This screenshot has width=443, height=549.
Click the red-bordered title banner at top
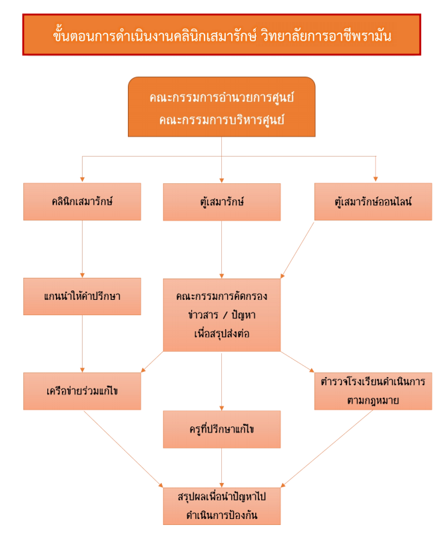[x=221, y=35]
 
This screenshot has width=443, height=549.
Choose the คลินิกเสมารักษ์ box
[x=82, y=201]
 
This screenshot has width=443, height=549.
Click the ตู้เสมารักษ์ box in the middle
[x=221, y=201]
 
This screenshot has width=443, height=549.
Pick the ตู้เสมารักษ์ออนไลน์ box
[x=373, y=201]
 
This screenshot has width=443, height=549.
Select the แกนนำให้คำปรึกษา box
[x=82, y=296]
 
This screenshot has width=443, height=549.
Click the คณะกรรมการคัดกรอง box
[x=221, y=314]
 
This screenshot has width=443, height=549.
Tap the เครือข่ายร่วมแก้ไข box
[x=82, y=390]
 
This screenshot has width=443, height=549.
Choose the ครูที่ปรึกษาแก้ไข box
[x=221, y=428]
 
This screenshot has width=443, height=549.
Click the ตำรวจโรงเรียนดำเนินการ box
[x=373, y=390]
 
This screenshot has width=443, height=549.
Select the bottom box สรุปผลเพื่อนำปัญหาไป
[x=221, y=506]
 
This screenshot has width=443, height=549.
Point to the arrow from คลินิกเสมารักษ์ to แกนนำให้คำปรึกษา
[x=82, y=249]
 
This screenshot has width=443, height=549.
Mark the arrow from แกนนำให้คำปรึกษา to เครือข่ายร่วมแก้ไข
[x=82, y=343]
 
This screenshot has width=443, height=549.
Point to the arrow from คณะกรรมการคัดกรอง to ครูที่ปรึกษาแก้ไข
[x=221, y=380]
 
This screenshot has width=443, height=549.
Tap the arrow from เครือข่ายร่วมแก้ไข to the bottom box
[x=123, y=448]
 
